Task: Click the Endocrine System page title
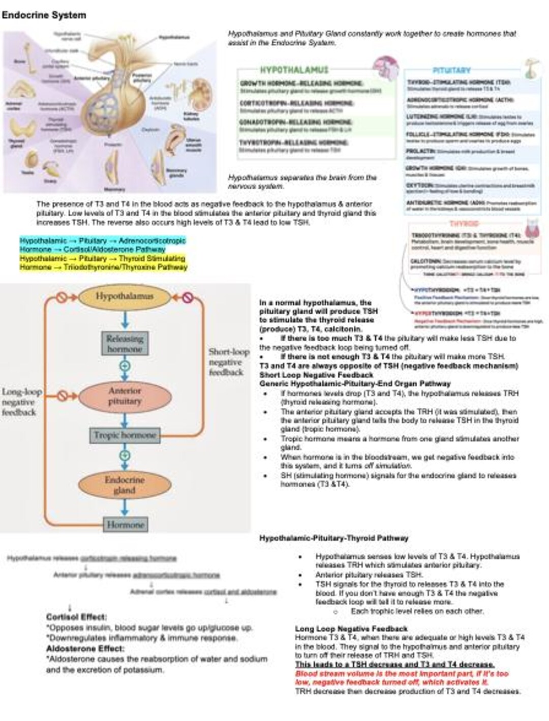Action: point(44,15)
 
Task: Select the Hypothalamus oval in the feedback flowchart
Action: point(125,296)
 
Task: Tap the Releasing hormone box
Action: point(125,344)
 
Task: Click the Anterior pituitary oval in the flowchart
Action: point(125,396)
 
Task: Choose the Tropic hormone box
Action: point(125,435)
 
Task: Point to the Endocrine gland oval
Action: point(125,485)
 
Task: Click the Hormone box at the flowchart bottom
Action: point(125,524)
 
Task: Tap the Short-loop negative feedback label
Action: point(228,362)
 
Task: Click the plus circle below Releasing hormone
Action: point(125,366)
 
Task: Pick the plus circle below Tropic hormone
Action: point(125,455)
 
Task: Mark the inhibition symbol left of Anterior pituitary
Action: point(62,395)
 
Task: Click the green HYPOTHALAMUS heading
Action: point(294,70)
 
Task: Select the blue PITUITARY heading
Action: point(451,70)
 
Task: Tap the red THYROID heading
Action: point(464,223)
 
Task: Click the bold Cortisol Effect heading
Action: point(76,617)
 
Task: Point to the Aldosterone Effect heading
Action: point(85,648)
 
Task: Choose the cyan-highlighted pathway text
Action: point(103,245)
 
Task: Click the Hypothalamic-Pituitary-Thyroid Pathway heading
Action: point(333,538)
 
